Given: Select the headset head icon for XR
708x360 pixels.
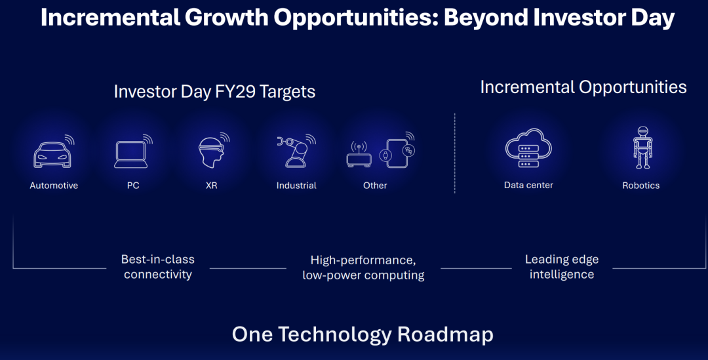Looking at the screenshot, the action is point(212,150).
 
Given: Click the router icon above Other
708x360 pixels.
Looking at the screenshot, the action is point(359,155).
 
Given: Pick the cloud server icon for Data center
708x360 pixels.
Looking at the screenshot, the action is point(528,148).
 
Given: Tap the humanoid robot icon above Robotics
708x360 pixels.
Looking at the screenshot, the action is point(642,148).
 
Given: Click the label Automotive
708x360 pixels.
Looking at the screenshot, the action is point(54,186).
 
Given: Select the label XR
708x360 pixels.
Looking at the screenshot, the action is point(211,186).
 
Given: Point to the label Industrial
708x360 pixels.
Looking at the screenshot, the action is point(296,186).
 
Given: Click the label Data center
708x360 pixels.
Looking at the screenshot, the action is point(528,185).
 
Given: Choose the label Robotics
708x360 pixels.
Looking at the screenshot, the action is point(640,186).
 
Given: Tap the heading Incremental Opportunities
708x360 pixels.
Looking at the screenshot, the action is point(583,87).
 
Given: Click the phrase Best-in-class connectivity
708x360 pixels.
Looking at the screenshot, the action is point(157,267).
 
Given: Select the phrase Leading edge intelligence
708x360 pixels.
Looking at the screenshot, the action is point(562,267).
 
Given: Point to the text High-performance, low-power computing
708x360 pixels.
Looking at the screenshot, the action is point(363,268).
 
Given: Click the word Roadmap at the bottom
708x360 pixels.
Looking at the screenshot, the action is point(445,334).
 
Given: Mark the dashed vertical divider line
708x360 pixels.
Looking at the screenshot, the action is point(455,153).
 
